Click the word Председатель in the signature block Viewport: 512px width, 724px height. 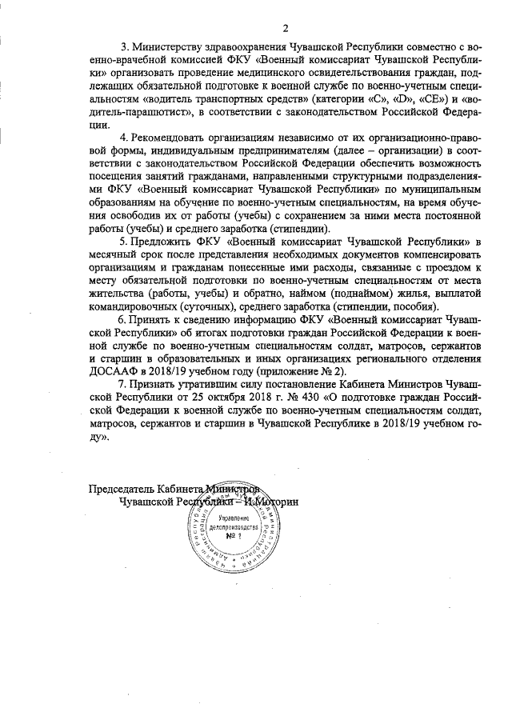[121, 487]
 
